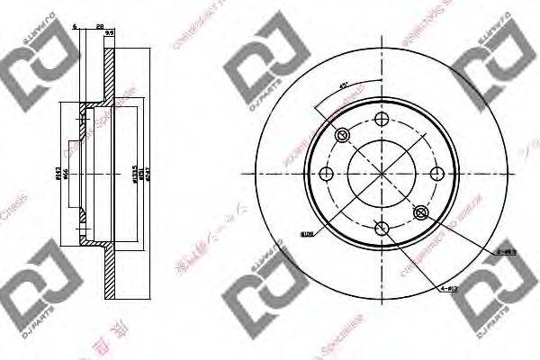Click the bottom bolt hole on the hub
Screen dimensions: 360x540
click(x=381, y=229)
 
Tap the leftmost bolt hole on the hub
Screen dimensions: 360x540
click(x=326, y=175)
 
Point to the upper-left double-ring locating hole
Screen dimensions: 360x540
click(x=342, y=135)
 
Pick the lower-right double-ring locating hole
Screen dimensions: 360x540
click(x=419, y=212)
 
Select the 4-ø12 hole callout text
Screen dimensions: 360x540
click(x=449, y=289)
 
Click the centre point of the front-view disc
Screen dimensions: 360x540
click(x=381, y=175)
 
